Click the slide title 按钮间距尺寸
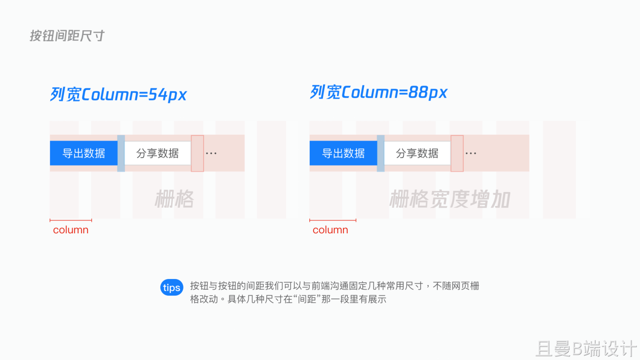point(67,36)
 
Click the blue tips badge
point(172,287)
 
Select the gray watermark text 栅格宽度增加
point(450,200)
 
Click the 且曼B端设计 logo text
point(586,349)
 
